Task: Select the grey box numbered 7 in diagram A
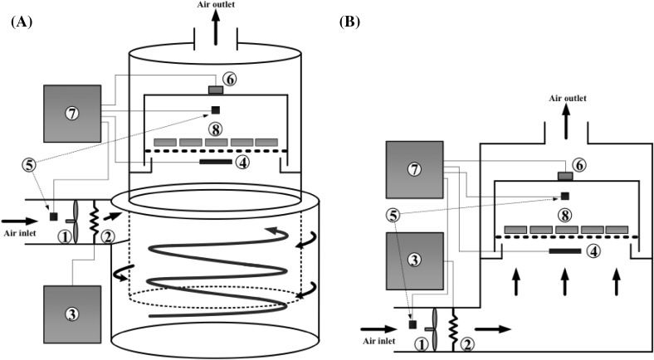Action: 72,113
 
